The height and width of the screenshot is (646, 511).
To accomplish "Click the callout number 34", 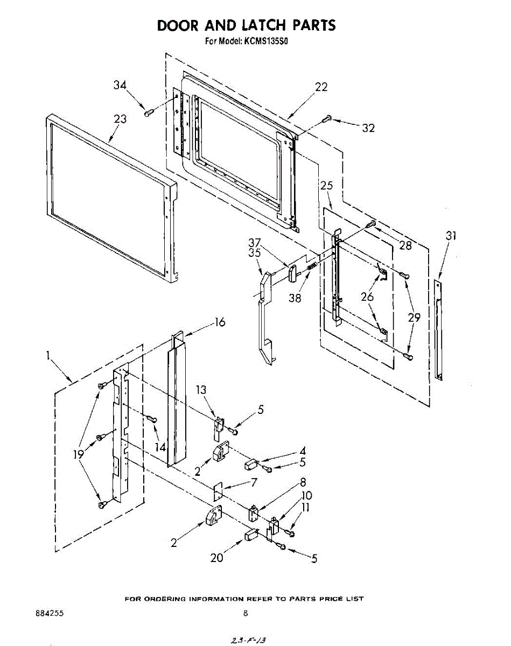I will pos(120,85).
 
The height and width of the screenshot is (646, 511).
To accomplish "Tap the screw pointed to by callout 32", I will pos(327,119).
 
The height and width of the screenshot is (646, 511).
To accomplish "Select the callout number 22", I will pos(321,87).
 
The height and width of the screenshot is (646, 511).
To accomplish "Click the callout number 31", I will pos(451,235).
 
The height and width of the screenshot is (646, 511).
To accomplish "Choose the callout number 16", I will pos(220,322).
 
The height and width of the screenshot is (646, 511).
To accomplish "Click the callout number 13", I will pos(201,390).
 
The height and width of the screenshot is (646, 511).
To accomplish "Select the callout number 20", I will pos(216,558).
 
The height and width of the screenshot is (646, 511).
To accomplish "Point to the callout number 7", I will pos(254,482).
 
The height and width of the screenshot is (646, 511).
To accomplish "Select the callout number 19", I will pos(79,454).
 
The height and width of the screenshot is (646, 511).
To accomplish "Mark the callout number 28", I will pos(405,245).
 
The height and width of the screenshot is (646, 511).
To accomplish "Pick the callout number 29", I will pos(414,318).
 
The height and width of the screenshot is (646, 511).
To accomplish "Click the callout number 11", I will pos(306,508).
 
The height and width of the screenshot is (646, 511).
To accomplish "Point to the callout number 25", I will pos(326,186).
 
